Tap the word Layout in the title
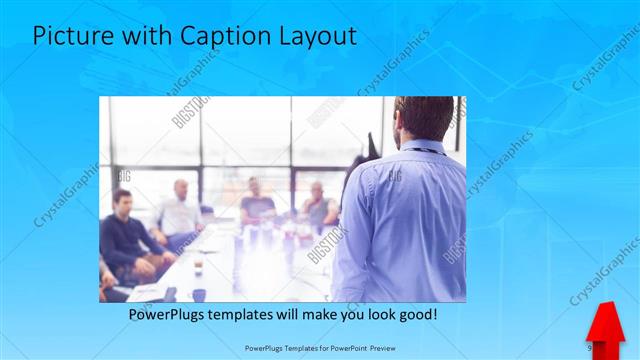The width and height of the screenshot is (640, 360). [x=314, y=37]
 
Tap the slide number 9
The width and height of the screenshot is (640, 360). [x=589, y=346]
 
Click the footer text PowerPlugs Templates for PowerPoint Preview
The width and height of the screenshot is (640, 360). [x=319, y=347]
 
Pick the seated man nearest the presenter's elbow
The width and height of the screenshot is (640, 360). [x=318, y=205]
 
